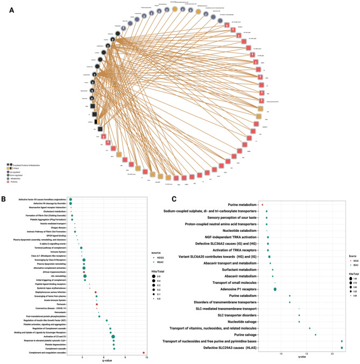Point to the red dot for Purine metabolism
pyautogui.click(x=262, y=205)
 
